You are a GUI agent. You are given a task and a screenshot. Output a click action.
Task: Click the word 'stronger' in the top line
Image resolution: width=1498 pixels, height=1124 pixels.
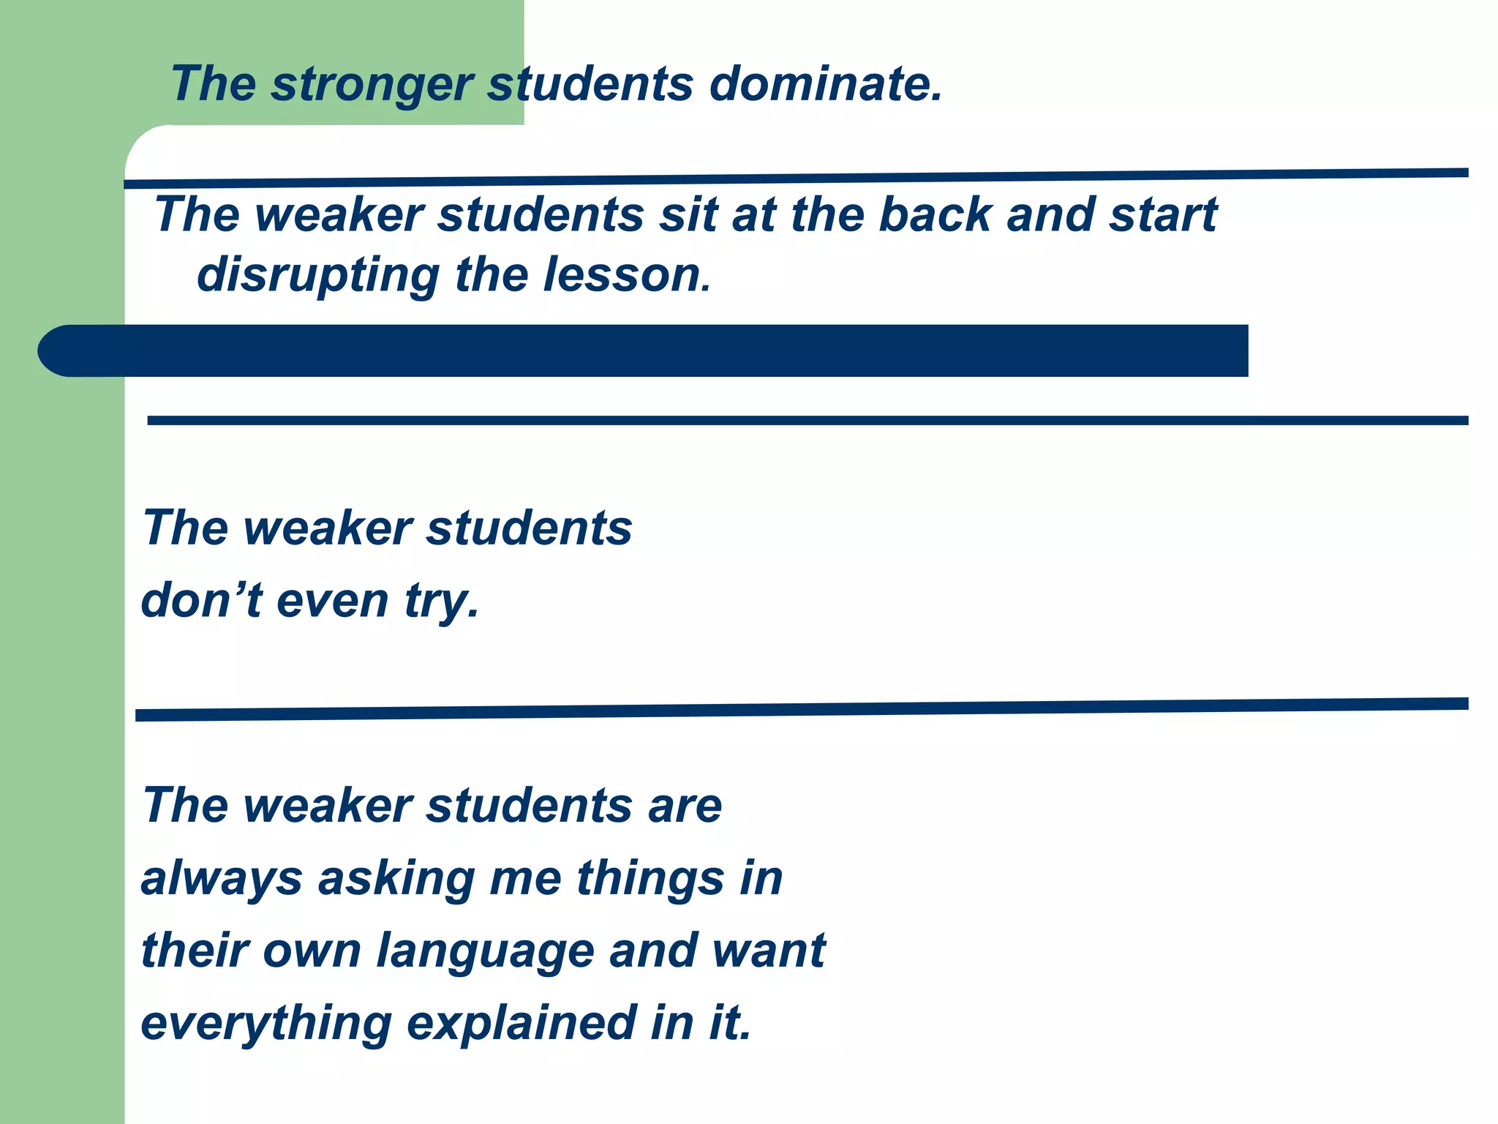pyautogui.click(x=373, y=85)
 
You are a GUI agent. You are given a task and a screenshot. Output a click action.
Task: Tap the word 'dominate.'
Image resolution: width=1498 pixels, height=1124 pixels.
pyautogui.click(x=827, y=83)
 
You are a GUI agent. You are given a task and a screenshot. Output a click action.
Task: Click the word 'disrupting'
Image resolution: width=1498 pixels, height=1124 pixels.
pyautogui.click(x=318, y=277)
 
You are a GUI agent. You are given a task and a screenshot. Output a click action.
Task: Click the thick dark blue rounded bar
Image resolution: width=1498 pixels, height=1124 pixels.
pyautogui.click(x=644, y=351)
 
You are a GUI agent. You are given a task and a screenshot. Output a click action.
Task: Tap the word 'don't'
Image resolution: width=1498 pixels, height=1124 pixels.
pyautogui.click(x=201, y=601)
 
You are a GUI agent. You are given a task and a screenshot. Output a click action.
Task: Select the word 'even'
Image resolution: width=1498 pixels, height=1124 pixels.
pyautogui.click(x=333, y=601)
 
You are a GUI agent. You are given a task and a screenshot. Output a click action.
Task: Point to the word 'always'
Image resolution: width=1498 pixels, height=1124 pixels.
pyautogui.click(x=222, y=879)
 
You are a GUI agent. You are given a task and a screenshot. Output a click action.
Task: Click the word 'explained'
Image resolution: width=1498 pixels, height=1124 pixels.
pyautogui.click(x=521, y=1024)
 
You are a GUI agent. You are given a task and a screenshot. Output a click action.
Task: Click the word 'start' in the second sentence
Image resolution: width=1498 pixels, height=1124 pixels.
pyautogui.click(x=1163, y=215)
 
